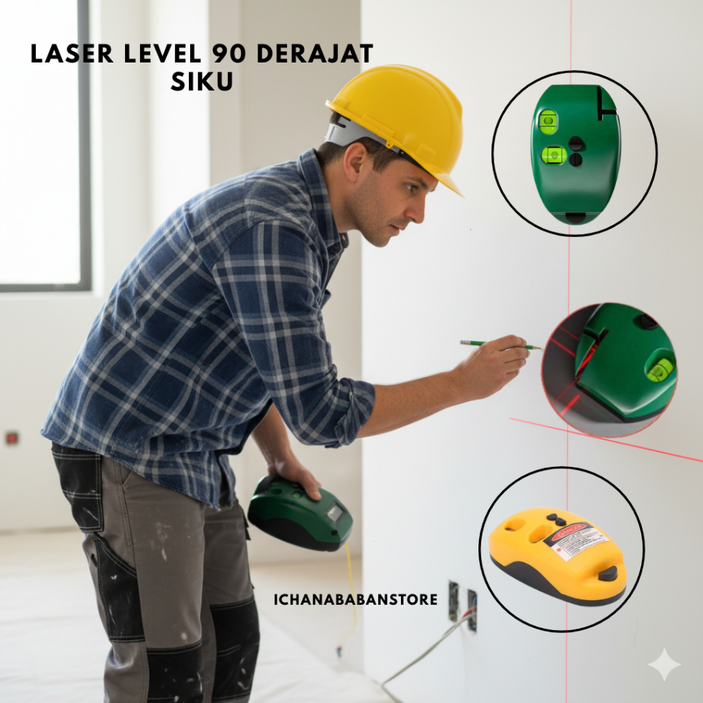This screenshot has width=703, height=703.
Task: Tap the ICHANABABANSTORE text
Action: coord(356,600)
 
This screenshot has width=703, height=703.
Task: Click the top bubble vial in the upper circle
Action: coord(548,122)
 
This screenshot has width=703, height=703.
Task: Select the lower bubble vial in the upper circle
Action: coord(553,155)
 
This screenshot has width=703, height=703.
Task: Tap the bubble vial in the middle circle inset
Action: coord(660,369)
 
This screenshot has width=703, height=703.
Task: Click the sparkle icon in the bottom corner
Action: coord(664,665)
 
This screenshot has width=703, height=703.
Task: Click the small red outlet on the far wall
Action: coord(12,437)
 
